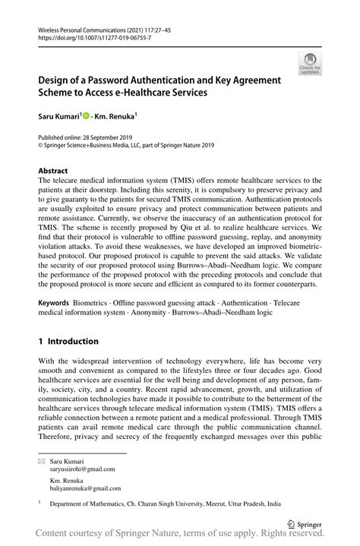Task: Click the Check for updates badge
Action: click(x=310, y=65)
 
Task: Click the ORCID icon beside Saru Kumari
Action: click(x=87, y=116)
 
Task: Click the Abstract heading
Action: click(x=53, y=171)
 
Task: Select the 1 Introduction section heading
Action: click(x=68, y=341)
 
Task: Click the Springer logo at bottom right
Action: click(x=305, y=523)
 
